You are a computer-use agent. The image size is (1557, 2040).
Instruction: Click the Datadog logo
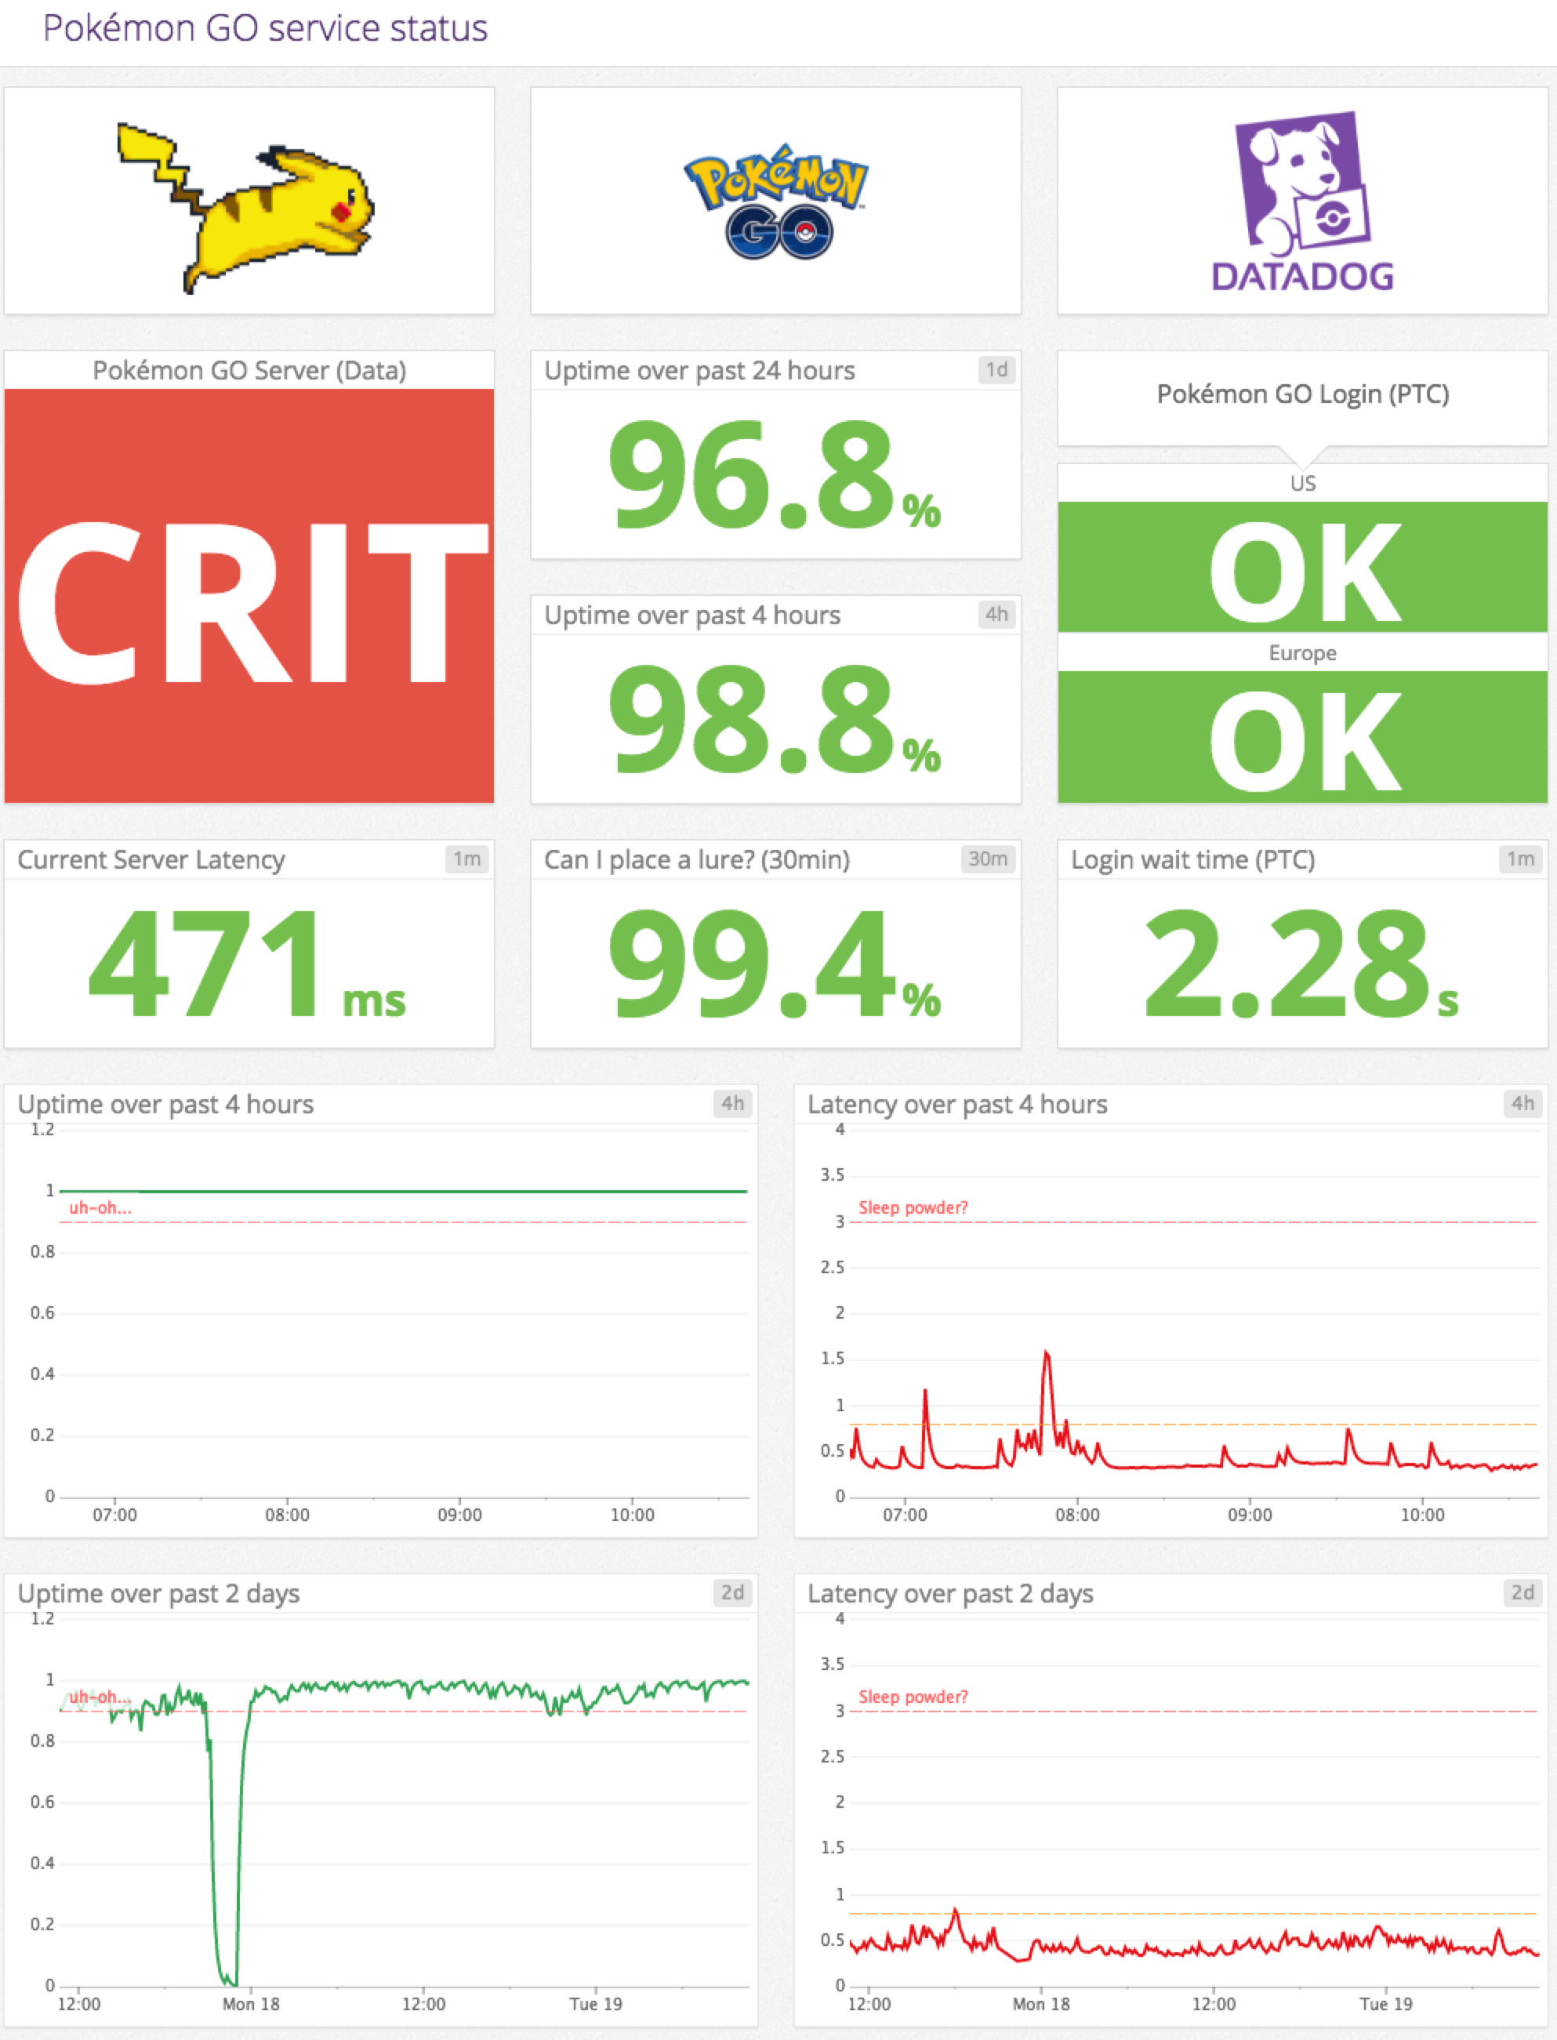pyautogui.click(x=1302, y=202)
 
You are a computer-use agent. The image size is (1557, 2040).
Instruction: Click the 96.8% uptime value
pyautogui.click(x=774, y=475)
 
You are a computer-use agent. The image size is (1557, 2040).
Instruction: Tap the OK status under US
pyautogui.click(x=1302, y=569)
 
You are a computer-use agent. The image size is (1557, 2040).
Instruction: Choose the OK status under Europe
pyautogui.click(x=1302, y=739)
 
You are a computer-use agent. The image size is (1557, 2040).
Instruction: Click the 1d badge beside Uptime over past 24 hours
pyautogui.click(x=996, y=370)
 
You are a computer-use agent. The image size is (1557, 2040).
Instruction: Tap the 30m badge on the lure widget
pyautogui.click(x=987, y=859)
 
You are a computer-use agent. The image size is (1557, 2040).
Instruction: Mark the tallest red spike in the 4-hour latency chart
pyautogui.click(x=1047, y=1354)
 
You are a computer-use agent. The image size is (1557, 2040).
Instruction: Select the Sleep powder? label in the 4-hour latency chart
pyautogui.click(x=913, y=1207)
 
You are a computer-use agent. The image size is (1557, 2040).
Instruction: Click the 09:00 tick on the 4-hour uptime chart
pyautogui.click(x=459, y=1515)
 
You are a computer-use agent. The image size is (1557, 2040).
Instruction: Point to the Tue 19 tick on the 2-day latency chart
pyautogui.click(x=1385, y=2004)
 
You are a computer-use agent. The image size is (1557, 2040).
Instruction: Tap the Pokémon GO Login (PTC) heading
pyautogui.click(x=1302, y=394)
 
